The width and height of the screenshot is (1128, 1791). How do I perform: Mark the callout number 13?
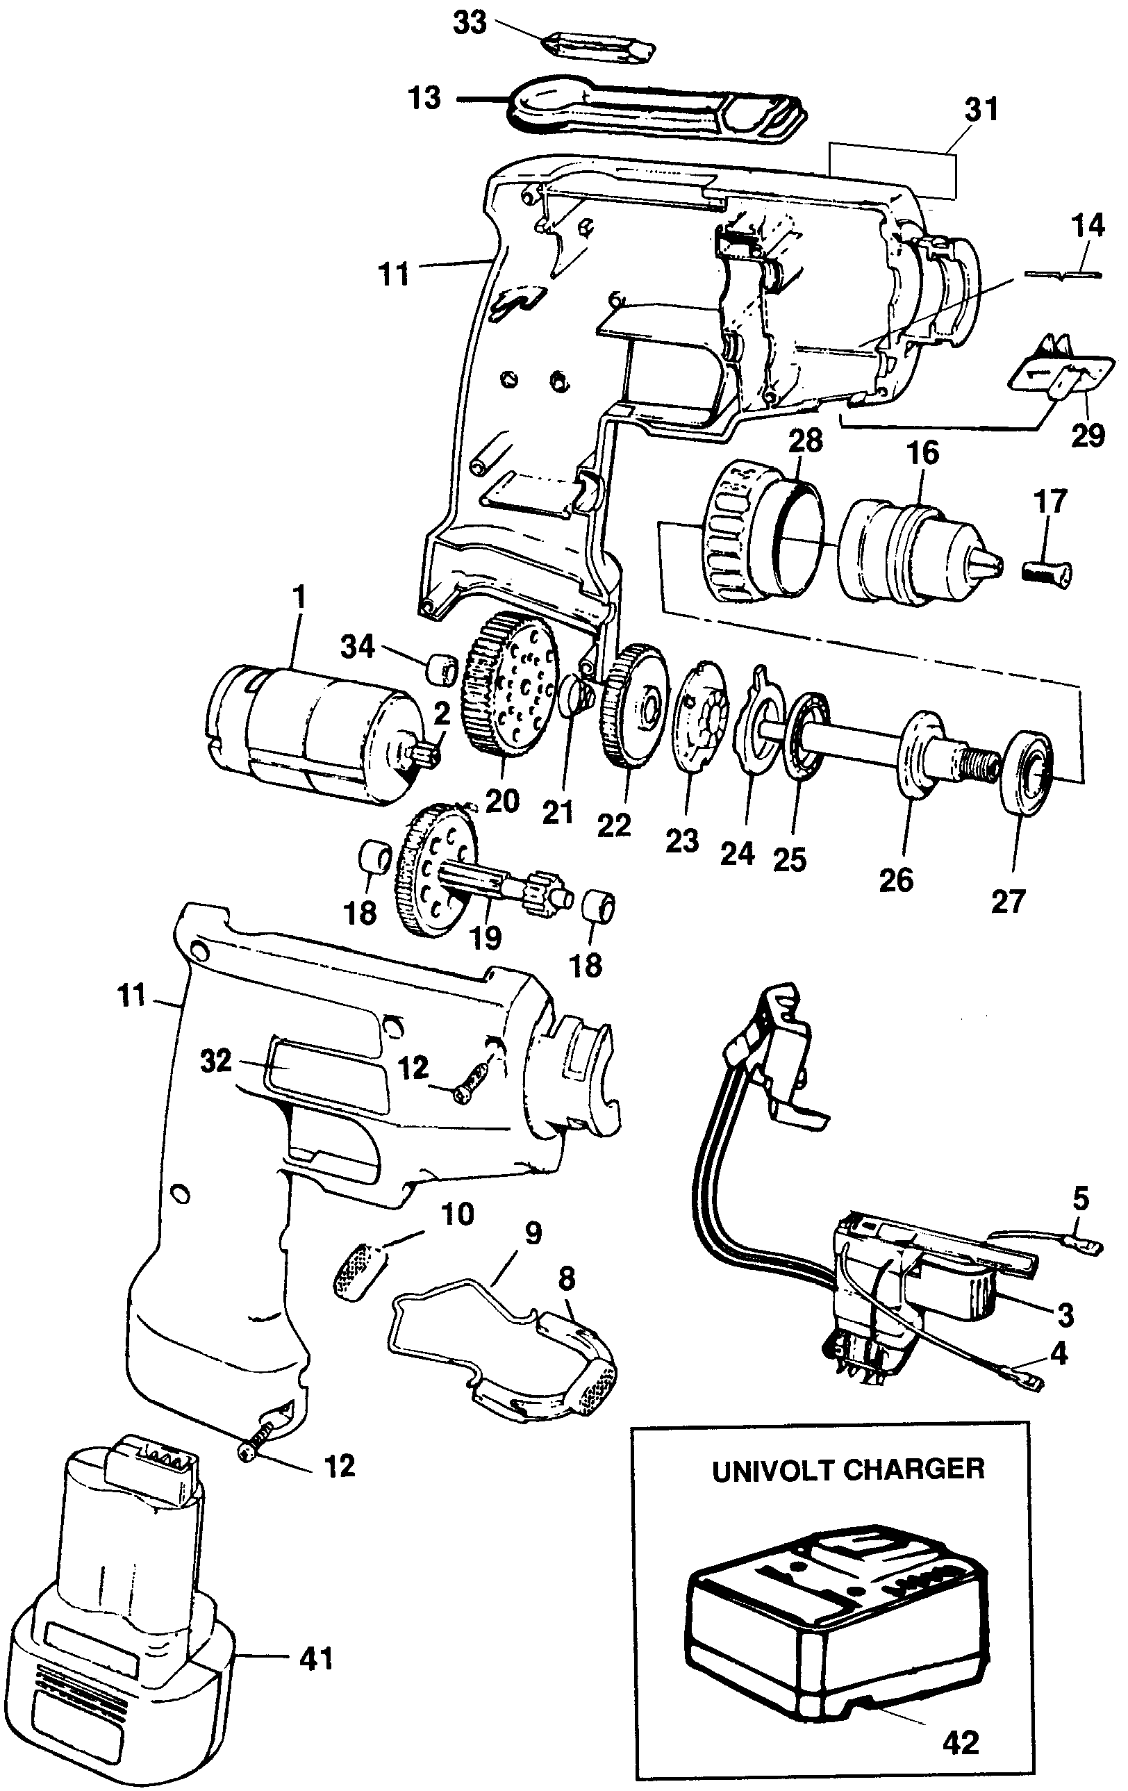click(x=424, y=98)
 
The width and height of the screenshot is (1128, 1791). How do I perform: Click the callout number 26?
click(x=896, y=880)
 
